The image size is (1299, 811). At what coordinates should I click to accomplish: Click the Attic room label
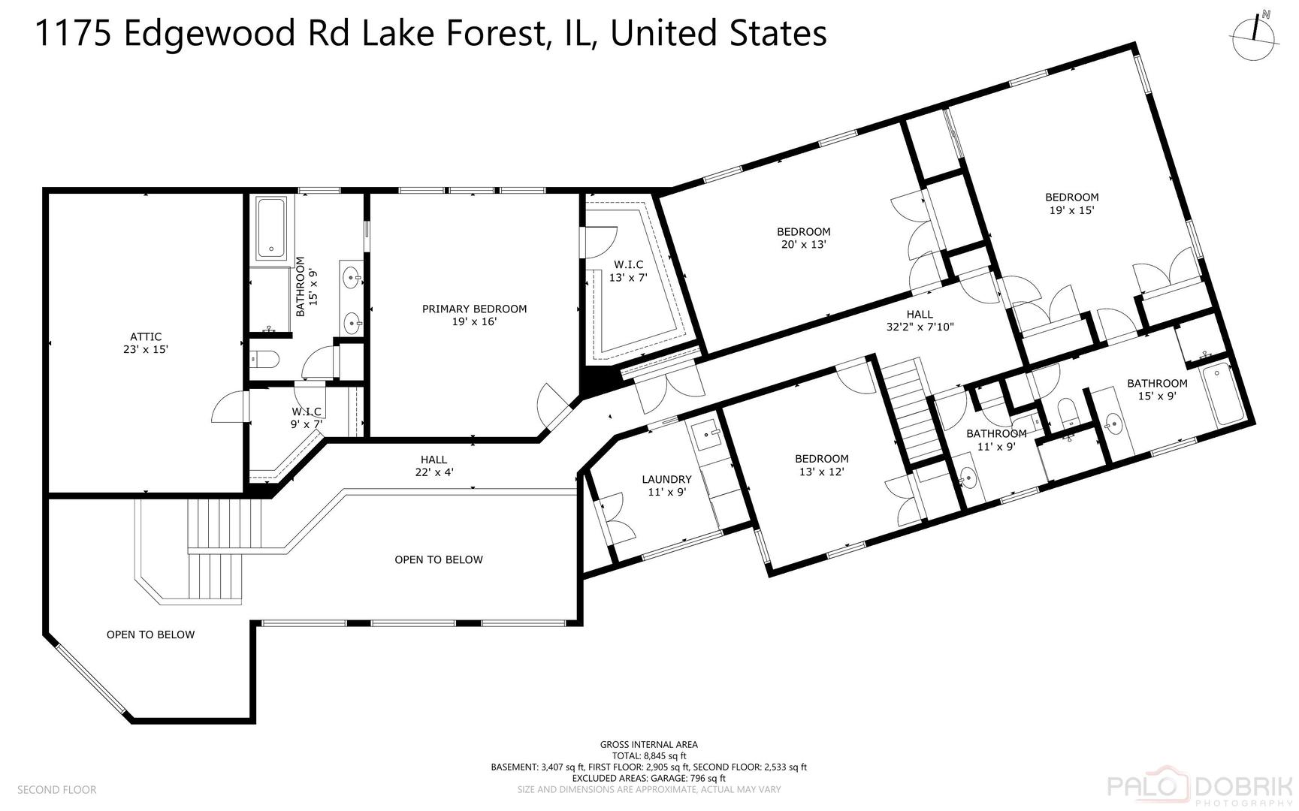145,337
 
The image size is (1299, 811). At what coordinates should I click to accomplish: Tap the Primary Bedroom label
474,309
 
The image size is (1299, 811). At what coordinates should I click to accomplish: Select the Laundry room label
666,479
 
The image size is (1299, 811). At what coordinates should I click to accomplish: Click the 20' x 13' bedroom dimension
803,245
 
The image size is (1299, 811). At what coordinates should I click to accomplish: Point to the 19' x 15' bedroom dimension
1071,210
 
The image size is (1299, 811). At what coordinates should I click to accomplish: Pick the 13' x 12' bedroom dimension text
821,472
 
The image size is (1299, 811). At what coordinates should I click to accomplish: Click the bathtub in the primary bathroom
270,228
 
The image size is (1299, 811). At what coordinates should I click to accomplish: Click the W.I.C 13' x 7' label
628,270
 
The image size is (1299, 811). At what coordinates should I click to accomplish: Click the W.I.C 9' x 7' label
307,418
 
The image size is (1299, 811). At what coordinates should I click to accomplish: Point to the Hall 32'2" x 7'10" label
920,321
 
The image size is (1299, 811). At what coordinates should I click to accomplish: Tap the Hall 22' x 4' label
434,466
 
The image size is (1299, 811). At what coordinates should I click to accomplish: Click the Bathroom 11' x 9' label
996,439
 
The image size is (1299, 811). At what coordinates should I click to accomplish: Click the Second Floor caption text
57,789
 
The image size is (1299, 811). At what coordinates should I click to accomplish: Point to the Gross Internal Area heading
648,745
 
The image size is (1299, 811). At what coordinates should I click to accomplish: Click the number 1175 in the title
73,33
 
